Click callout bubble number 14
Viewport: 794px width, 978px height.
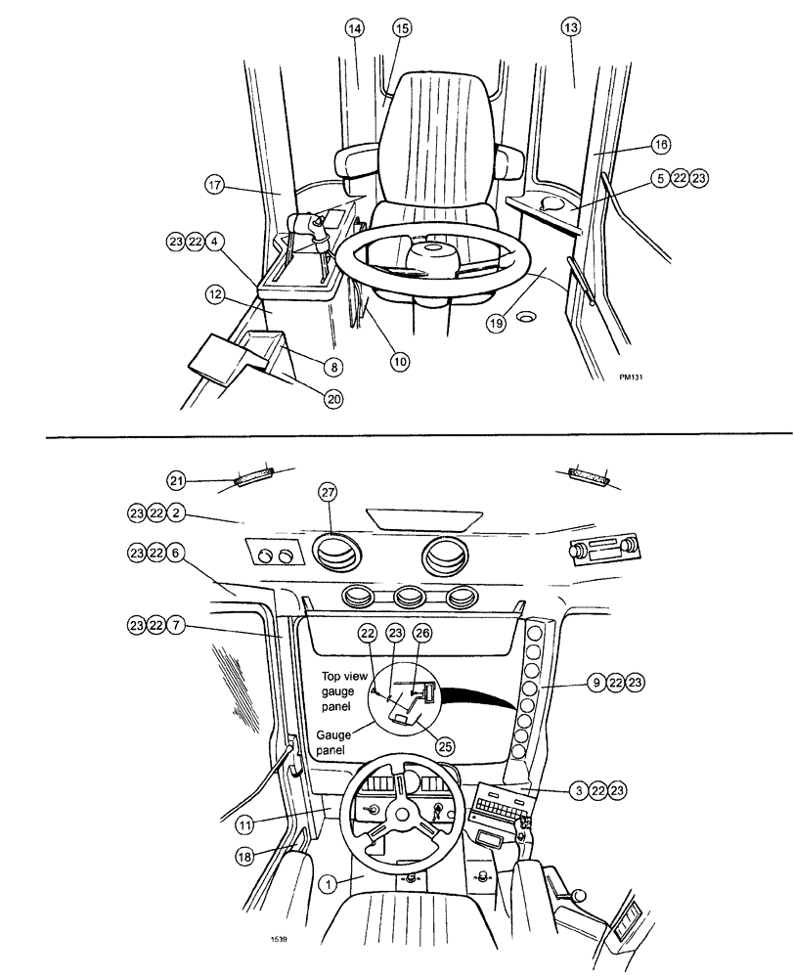click(x=354, y=28)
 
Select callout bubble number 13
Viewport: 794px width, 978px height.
click(x=571, y=28)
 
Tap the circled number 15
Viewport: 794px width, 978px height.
click(x=401, y=28)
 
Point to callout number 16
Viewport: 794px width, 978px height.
click(x=661, y=144)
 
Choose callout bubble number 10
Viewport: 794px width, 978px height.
click(x=401, y=361)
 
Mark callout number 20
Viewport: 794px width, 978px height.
click(x=335, y=398)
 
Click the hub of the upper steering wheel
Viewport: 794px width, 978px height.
click(x=431, y=258)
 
